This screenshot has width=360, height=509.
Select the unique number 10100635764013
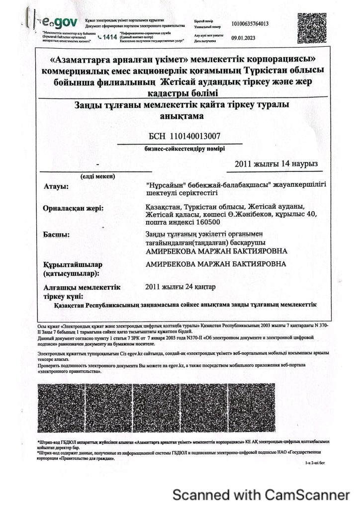pyautogui.click(x=251, y=23)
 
